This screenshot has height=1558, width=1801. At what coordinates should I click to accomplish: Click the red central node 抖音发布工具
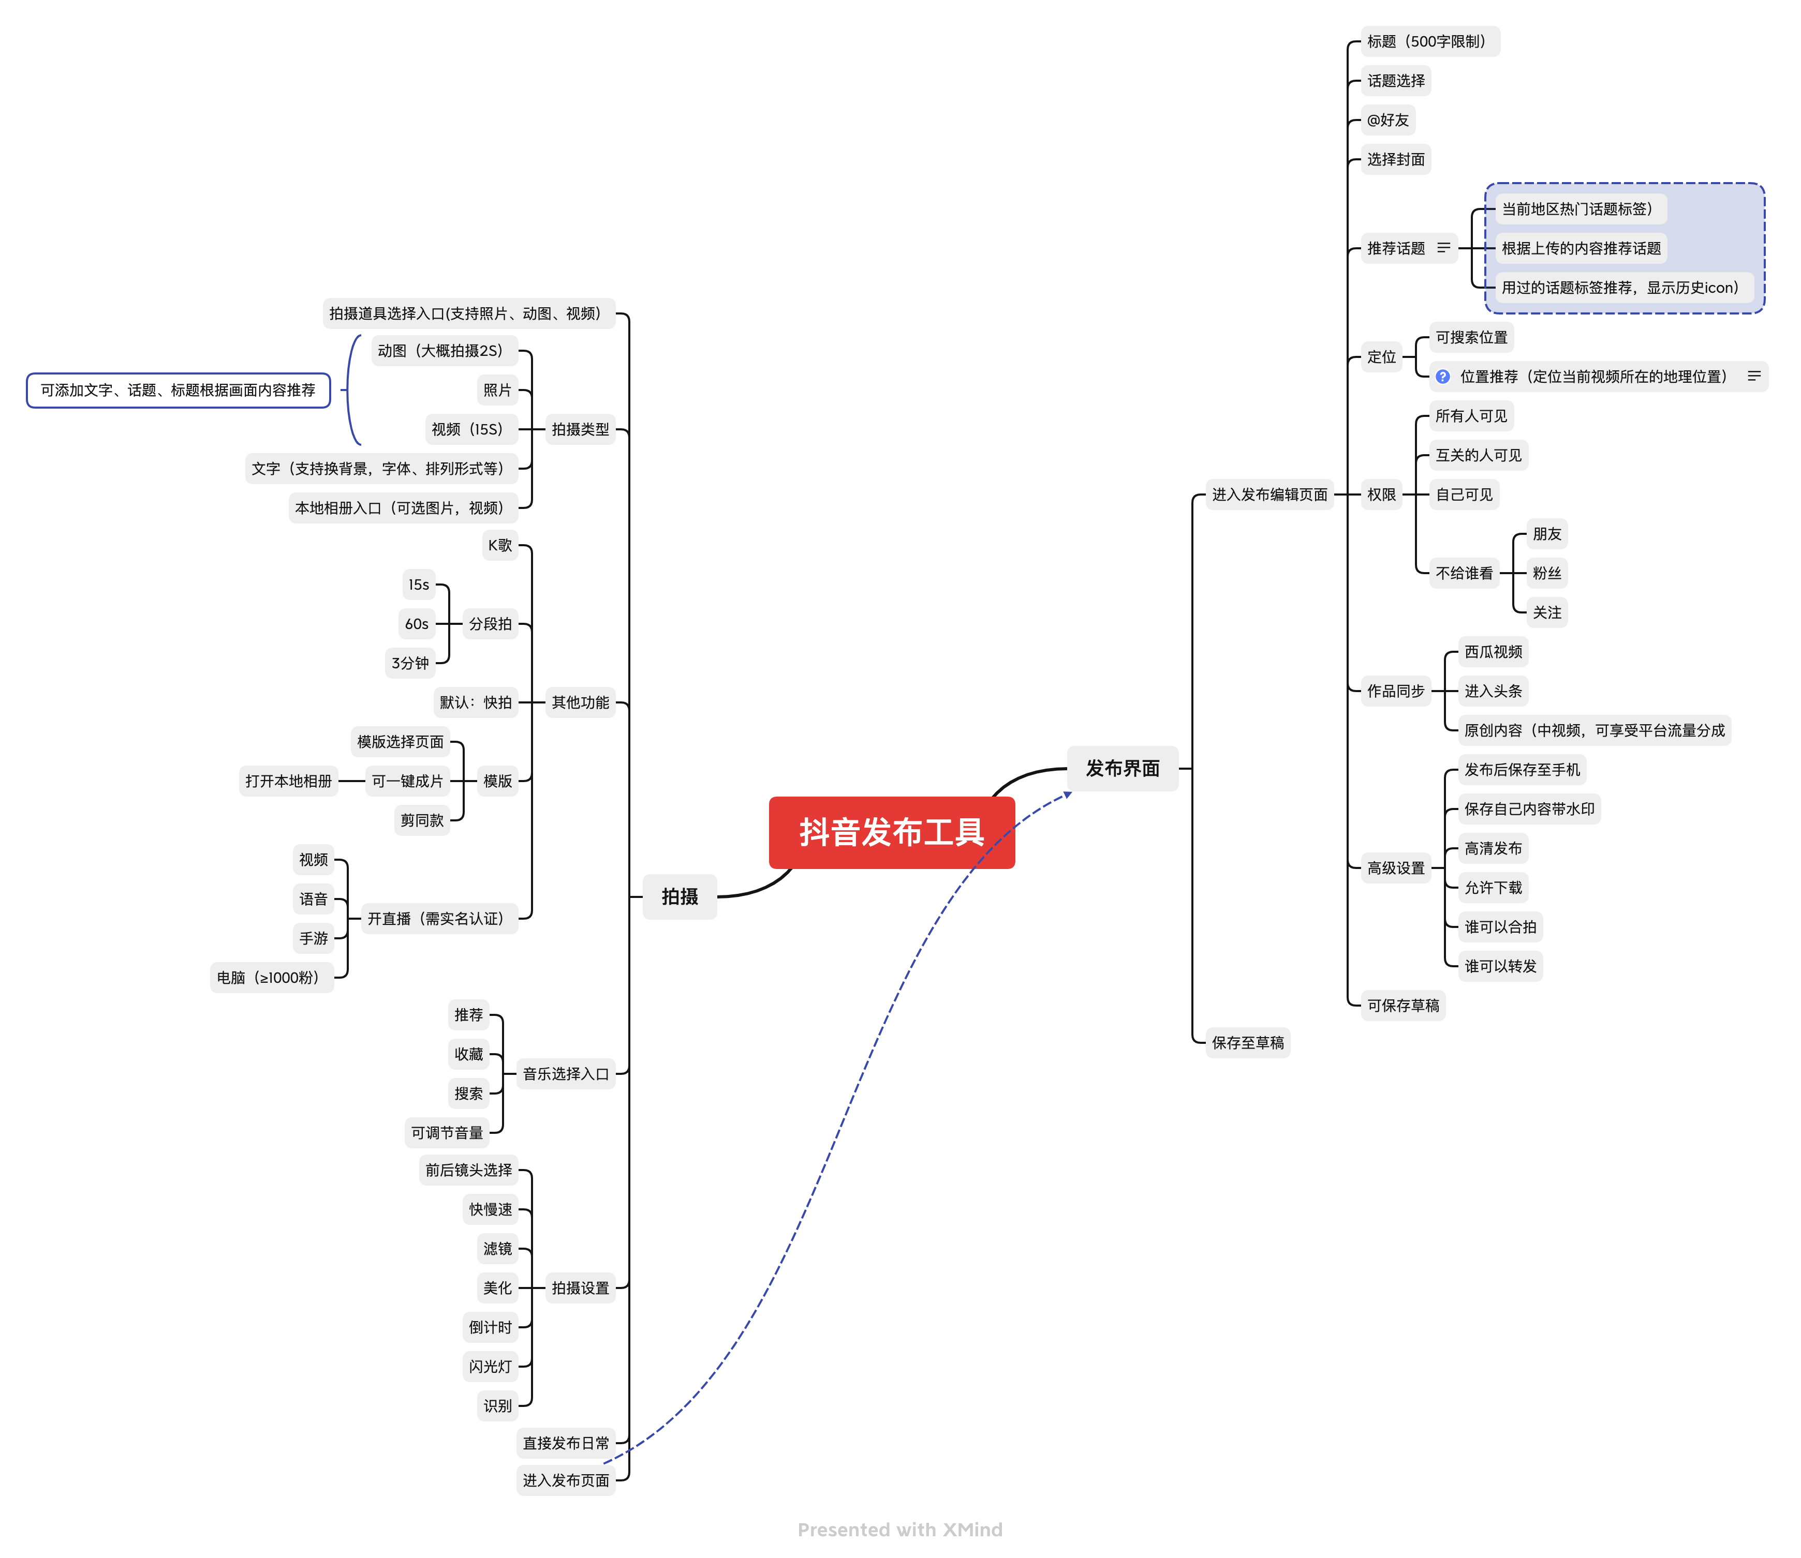click(x=891, y=832)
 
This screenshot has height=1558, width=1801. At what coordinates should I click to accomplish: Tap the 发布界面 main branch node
click(x=1122, y=769)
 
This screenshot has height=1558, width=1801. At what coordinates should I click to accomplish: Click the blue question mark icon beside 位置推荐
click(x=1443, y=377)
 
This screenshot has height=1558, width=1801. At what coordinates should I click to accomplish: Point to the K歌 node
click(x=500, y=545)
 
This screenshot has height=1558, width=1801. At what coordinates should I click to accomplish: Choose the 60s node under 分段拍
click(x=417, y=623)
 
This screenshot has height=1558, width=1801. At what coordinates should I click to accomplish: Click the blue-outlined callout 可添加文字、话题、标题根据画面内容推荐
click(x=178, y=391)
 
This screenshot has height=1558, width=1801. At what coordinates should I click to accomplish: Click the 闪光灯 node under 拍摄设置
click(x=491, y=1367)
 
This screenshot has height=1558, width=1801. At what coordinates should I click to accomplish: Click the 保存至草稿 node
click(x=1247, y=1042)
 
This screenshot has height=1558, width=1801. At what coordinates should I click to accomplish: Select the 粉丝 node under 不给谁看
click(x=1546, y=573)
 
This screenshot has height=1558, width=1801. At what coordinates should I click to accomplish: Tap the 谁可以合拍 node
click(x=1500, y=927)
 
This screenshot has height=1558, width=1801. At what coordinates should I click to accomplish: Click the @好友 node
click(x=1388, y=120)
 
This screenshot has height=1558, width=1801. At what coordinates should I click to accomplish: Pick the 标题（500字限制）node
click(x=1429, y=42)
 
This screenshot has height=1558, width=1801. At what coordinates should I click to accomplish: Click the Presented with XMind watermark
click(x=900, y=1530)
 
